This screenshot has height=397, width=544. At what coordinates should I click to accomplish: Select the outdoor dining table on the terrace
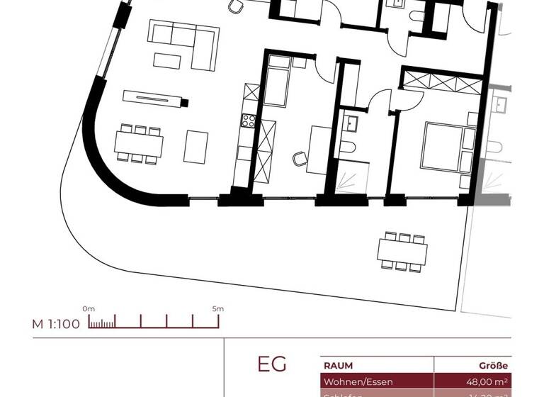(x=402, y=251)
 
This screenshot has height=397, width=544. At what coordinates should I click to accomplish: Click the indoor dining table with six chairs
(x=139, y=145)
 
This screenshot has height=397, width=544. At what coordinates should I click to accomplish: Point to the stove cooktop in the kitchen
(x=248, y=121)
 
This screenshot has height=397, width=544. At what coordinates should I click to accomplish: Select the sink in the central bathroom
(x=351, y=123)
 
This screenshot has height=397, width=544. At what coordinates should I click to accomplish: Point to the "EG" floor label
(x=272, y=364)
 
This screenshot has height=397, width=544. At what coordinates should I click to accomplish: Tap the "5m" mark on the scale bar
(x=217, y=308)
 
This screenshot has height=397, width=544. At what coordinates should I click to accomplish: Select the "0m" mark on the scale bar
(x=89, y=308)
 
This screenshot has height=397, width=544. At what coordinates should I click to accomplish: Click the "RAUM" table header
(x=338, y=366)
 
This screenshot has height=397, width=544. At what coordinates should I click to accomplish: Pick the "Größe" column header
(x=494, y=366)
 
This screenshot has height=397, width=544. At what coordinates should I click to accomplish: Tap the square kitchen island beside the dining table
(x=195, y=147)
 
